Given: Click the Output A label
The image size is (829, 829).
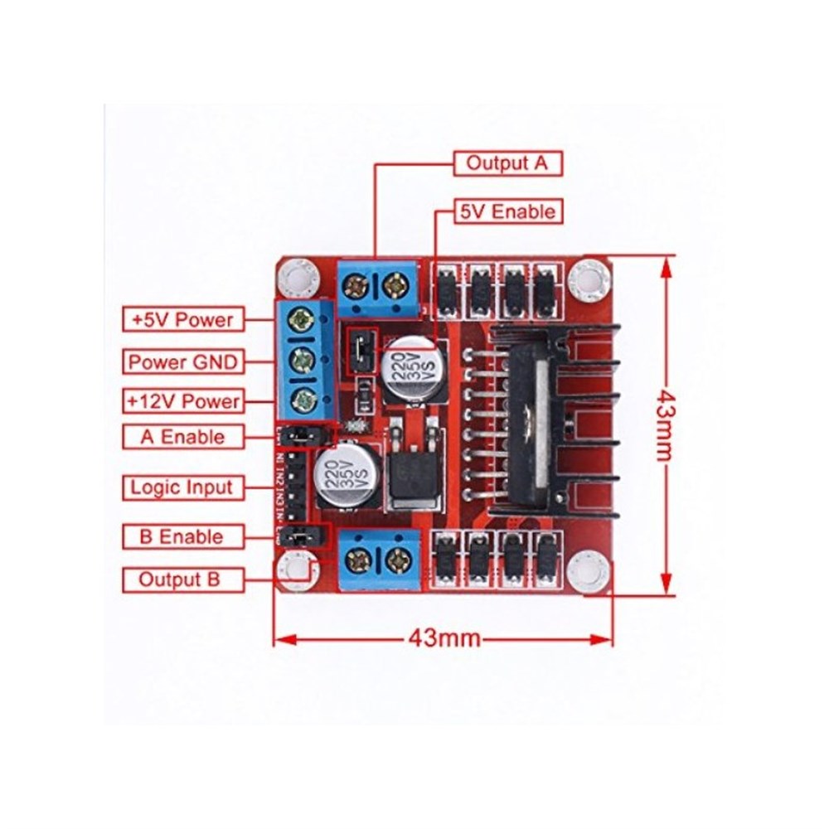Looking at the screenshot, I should (x=507, y=162).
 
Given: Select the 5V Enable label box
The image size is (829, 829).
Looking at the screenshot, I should (x=507, y=212).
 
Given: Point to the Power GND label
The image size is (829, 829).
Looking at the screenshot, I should (x=182, y=361).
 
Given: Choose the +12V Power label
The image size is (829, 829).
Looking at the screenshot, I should (x=182, y=401).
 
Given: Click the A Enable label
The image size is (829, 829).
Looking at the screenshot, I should (x=182, y=437).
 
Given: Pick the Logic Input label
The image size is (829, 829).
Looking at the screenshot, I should (x=182, y=487).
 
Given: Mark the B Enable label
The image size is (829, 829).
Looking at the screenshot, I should (x=182, y=536).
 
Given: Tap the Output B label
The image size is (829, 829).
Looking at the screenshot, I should (x=182, y=579).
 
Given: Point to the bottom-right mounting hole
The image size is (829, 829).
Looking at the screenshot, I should (x=591, y=570).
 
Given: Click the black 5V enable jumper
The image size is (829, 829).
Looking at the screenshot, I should (x=361, y=349).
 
